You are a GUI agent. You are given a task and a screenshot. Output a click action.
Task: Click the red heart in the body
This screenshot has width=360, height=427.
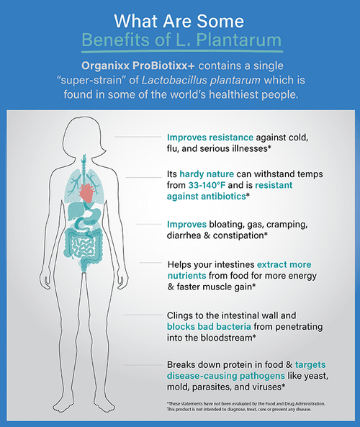click(x=86, y=193)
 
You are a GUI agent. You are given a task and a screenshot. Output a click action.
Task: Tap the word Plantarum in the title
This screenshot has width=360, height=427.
click(x=238, y=40)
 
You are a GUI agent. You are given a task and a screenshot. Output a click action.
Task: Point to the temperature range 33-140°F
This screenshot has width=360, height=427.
click(x=207, y=185)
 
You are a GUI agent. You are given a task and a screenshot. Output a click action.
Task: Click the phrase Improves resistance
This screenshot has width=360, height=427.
click(x=210, y=138)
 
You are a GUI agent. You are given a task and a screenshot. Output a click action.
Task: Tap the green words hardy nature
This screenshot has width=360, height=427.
click(x=207, y=174)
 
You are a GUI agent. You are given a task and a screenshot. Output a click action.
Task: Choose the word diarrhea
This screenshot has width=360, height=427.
click(x=184, y=235)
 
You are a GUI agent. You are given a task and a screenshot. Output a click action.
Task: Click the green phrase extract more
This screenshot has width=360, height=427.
click(x=284, y=264)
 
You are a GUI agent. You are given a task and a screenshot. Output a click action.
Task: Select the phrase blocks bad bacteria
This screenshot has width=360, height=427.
click(x=209, y=326)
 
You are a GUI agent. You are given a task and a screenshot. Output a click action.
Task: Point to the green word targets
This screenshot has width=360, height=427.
click(x=310, y=365)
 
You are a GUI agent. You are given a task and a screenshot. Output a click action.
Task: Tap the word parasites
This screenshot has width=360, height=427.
click(x=212, y=387)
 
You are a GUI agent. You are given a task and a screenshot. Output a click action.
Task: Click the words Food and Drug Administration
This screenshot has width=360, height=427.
click(x=295, y=403)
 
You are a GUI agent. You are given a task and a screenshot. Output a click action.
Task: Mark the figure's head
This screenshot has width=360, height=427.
click(x=84, y=135)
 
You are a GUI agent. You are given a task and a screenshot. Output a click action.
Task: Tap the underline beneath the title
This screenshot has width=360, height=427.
click(x=182, y=51)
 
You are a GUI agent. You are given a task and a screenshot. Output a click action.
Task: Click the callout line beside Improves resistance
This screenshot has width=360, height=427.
click(x=138, y=137)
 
